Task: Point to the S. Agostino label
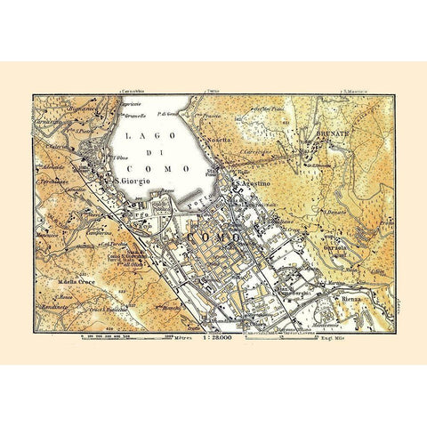pos(257,185)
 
